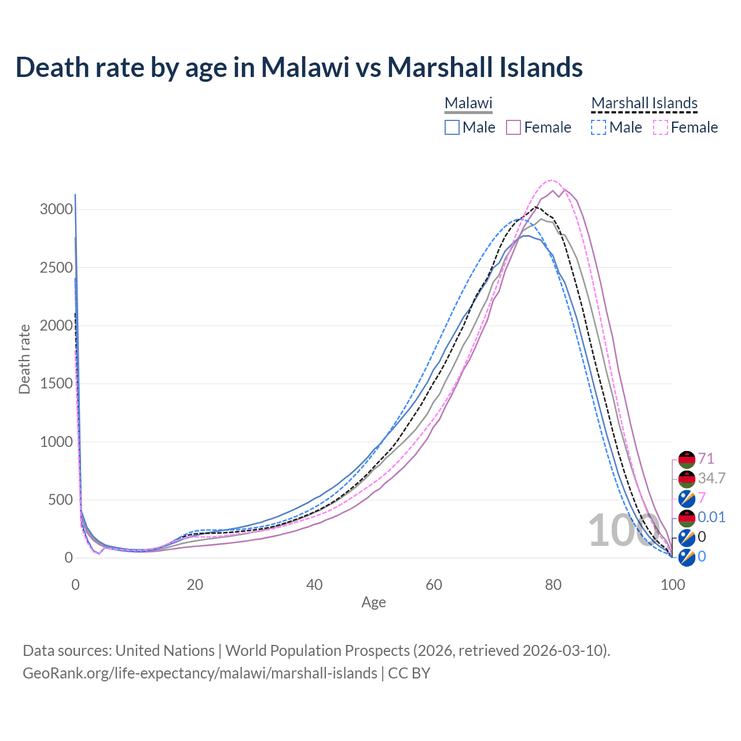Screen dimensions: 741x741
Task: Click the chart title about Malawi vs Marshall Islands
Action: point(299,67)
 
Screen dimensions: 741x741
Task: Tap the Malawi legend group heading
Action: point(468,103)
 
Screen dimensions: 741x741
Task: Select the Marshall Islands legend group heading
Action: point(644,103)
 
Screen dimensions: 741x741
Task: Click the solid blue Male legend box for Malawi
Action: point(452,127)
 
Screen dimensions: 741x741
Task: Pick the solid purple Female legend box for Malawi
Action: point(513,127)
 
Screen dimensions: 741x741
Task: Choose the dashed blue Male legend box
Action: point(599,127)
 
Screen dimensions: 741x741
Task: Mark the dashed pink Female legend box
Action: point(661,127)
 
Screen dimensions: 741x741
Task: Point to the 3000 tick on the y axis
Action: point(56,210)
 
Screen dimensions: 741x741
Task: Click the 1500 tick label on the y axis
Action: point(56,384)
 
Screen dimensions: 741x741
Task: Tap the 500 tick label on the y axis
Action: point(60,500)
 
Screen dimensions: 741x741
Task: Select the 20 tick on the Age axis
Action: point(195,585)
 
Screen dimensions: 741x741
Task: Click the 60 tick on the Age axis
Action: point(434,585)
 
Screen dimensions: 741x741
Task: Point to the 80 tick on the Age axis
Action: point(553,585)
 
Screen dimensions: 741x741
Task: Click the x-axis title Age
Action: point(373,603)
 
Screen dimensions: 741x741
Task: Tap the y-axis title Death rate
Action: point(24,359)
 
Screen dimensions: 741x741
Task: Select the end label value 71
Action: point(706,459)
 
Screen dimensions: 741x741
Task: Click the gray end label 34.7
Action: point(711,479)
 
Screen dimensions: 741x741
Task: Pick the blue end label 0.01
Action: point(711,517)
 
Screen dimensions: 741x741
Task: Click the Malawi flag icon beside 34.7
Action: point(687,479)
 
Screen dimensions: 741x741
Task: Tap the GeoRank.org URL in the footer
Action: point(200,673)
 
